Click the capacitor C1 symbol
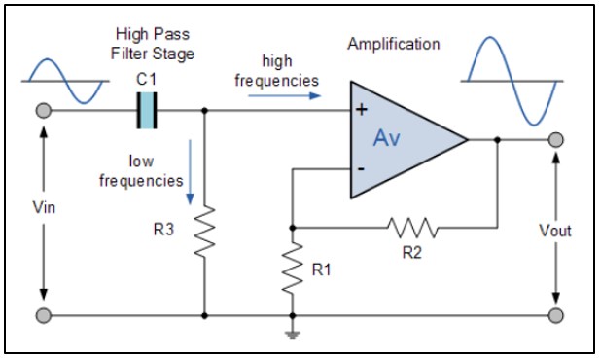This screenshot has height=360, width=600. [146, 110]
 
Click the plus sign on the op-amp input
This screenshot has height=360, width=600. [361, 110]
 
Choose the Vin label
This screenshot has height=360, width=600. [44, 207]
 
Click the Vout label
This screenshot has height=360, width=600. [555, 231]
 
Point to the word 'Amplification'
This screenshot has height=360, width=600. [393, 44]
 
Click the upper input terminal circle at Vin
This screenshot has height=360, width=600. [44, 111]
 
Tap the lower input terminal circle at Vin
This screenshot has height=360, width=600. [44, 316]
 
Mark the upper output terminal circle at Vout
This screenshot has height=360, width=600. [555, 140]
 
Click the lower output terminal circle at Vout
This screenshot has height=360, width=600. [555, 316]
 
